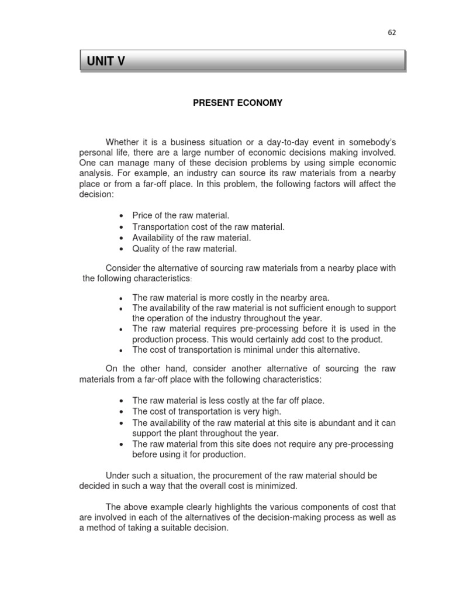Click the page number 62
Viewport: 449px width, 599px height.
point(392,33)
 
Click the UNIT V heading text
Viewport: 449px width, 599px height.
point(106,61)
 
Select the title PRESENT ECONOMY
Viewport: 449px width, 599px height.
point(238,103)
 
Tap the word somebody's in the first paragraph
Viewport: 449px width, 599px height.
point(369,142)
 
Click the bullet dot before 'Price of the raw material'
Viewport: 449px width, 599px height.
point(120,216)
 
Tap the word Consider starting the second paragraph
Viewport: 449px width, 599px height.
point(122,268)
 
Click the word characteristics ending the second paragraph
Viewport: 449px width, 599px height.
point(164,278)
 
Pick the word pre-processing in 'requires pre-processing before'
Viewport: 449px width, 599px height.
point(253,329)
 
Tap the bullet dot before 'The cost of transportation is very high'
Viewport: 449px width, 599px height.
point(120,411)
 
